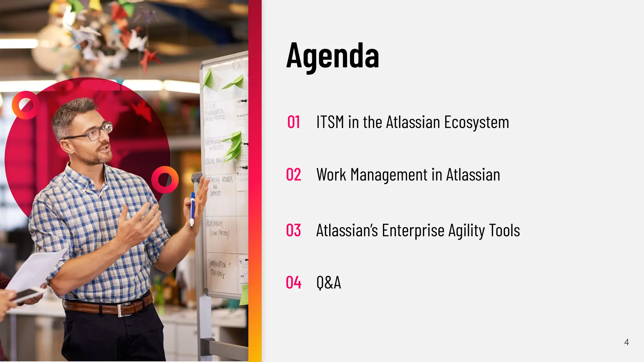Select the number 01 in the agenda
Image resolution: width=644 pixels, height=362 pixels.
[293, 122]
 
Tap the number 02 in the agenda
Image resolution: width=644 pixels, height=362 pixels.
[293, 175]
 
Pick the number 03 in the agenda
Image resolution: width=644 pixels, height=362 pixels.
[293, 230]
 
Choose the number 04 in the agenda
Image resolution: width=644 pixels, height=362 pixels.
[293, 282]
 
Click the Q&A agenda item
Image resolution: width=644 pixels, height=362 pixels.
[329, 282]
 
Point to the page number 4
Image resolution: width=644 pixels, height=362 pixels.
[626, 342]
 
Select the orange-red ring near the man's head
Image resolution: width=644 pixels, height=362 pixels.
[25, 105]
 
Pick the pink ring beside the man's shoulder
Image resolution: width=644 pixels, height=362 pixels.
[165, 180]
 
